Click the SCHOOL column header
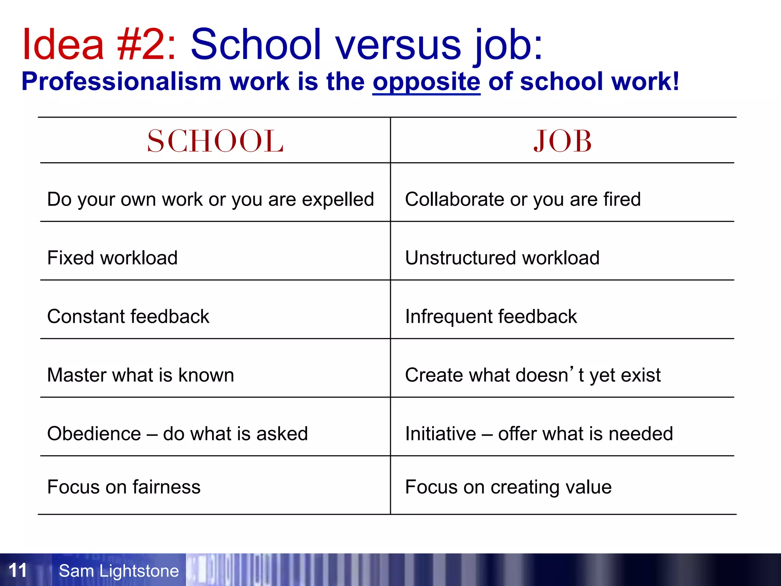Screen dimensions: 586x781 [x=215, y=141]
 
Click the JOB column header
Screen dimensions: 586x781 [x=562, y=141]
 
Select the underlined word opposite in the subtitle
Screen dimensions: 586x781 [x=426, y=82]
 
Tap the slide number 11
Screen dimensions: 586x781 [x=18, y=570]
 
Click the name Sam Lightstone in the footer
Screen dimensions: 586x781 [x=119, y=571]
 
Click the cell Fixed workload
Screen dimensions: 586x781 [x=112, y=258]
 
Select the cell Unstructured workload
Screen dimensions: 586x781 [x=502, y=258]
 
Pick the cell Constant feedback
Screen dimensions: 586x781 [x=128, y=317]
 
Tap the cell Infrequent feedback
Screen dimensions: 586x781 [x=491, y=317]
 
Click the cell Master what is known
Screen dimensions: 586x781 [x=140, y=375]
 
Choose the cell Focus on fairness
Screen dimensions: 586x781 [x=124, y=487]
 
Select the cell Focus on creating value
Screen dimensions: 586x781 [x=508, y=487]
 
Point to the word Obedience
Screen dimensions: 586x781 [x=94, y=434]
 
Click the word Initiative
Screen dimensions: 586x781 [x=440, y=434]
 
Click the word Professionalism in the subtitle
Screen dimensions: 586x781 [x=121, y=82]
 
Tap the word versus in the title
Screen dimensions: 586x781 [x=398, y=45]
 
